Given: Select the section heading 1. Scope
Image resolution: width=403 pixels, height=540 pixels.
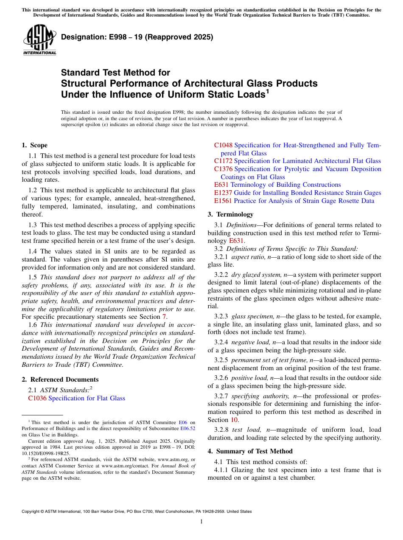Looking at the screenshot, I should tap(35, 145).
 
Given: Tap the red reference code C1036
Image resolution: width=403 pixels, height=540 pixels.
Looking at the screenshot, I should tap(37, 398).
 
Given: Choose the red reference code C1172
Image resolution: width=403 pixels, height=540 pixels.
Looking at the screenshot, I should tap(223, 161).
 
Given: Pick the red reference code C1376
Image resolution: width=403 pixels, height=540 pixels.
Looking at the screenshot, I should tap(223, 169).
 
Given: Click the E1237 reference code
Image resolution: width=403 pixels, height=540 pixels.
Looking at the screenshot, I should tap(223, 193).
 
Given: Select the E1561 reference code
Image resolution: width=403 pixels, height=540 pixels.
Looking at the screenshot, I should tap(223, 201).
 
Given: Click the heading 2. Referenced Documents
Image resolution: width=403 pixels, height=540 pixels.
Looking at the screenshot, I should tap(60, 380).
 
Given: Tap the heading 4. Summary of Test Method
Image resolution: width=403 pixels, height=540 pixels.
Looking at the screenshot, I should tap(250, 451).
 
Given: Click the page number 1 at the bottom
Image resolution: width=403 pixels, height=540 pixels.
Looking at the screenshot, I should tap(201, 521).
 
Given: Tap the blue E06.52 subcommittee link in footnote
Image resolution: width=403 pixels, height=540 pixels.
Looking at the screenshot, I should tap(188, 429).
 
